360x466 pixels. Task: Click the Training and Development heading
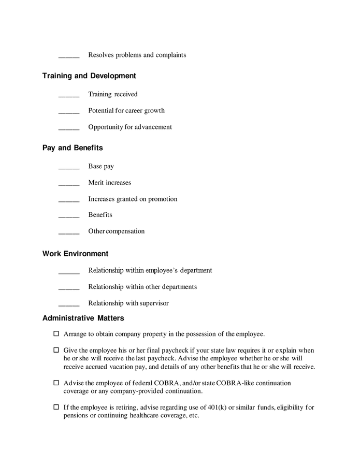click(89, 76)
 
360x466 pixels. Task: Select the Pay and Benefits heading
click(73, 148)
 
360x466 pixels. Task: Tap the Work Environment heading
click(75, 254)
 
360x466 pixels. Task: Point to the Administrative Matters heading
click(83, 318)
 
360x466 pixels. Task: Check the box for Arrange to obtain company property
click(56, 334)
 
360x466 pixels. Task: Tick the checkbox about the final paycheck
click(56, 351)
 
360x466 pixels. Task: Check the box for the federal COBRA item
click(56, 383)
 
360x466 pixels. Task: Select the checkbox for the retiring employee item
click(56, 407)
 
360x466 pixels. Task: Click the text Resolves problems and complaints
click(137, 55)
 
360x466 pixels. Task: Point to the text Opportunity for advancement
click(130, 127)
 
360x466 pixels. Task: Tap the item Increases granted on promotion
click(133, 199)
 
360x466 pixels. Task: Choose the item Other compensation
click(117, 231)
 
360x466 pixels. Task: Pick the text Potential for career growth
click(126, 110)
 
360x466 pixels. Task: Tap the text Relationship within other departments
click(142, 287)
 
